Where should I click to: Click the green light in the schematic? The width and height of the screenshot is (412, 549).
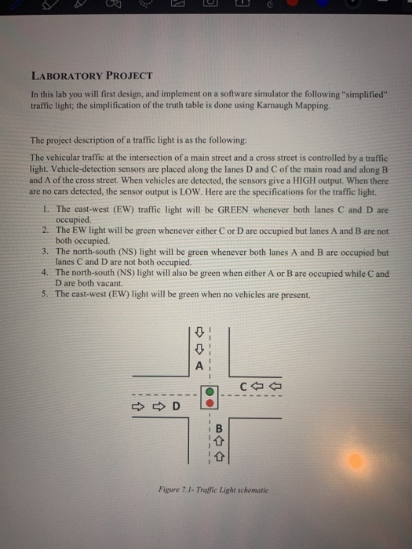(210, 390)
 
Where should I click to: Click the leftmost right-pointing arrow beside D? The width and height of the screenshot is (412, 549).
(138, 406)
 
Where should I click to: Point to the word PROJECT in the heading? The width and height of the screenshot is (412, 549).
(129, 76)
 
